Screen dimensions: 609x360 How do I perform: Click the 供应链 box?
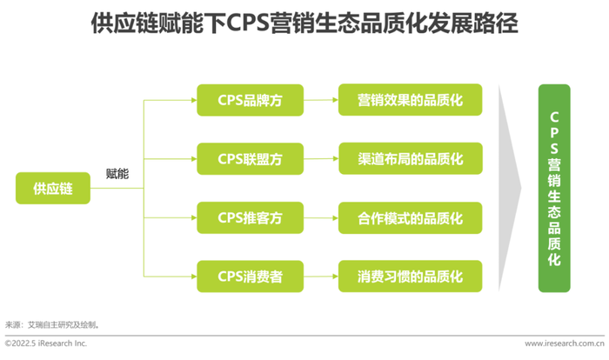[x=53, y=189]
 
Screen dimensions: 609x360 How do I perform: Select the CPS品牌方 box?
[x=251, y=100]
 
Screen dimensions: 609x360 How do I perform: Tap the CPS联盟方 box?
[x=251, y=159]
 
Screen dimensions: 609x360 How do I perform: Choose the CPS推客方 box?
[x=251, y=218]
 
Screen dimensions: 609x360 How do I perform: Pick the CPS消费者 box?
[x=251, y=277]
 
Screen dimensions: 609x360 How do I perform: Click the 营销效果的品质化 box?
[x=410, y=100]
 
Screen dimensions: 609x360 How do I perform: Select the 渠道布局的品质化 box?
[x=411, y=158]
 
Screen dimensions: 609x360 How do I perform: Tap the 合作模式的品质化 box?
[x=410, y=218]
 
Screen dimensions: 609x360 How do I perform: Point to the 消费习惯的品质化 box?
[x=410, y=277]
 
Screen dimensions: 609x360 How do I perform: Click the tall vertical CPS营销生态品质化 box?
[x=554, y=189]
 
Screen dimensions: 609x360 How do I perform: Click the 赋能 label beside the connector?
[x=117, y=174]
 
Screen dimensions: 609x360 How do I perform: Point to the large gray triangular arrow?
[x=510, y=189]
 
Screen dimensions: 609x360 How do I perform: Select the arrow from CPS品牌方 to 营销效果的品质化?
[x=321, y=100]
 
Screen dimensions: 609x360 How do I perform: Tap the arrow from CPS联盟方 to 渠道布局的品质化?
[x=321, y=159]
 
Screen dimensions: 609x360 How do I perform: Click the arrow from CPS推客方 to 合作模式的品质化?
[x=321, y=218]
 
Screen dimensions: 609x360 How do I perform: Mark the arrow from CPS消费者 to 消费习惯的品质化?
[x=321, y=277]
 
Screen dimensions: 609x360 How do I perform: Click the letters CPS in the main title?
[x=247, y=23]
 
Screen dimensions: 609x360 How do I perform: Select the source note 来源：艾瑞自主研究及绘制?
[x=52, y=324]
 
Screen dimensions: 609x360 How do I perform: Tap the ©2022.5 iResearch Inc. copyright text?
[x=46, y=343]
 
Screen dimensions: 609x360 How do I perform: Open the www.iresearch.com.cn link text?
[x=565, y=343]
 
